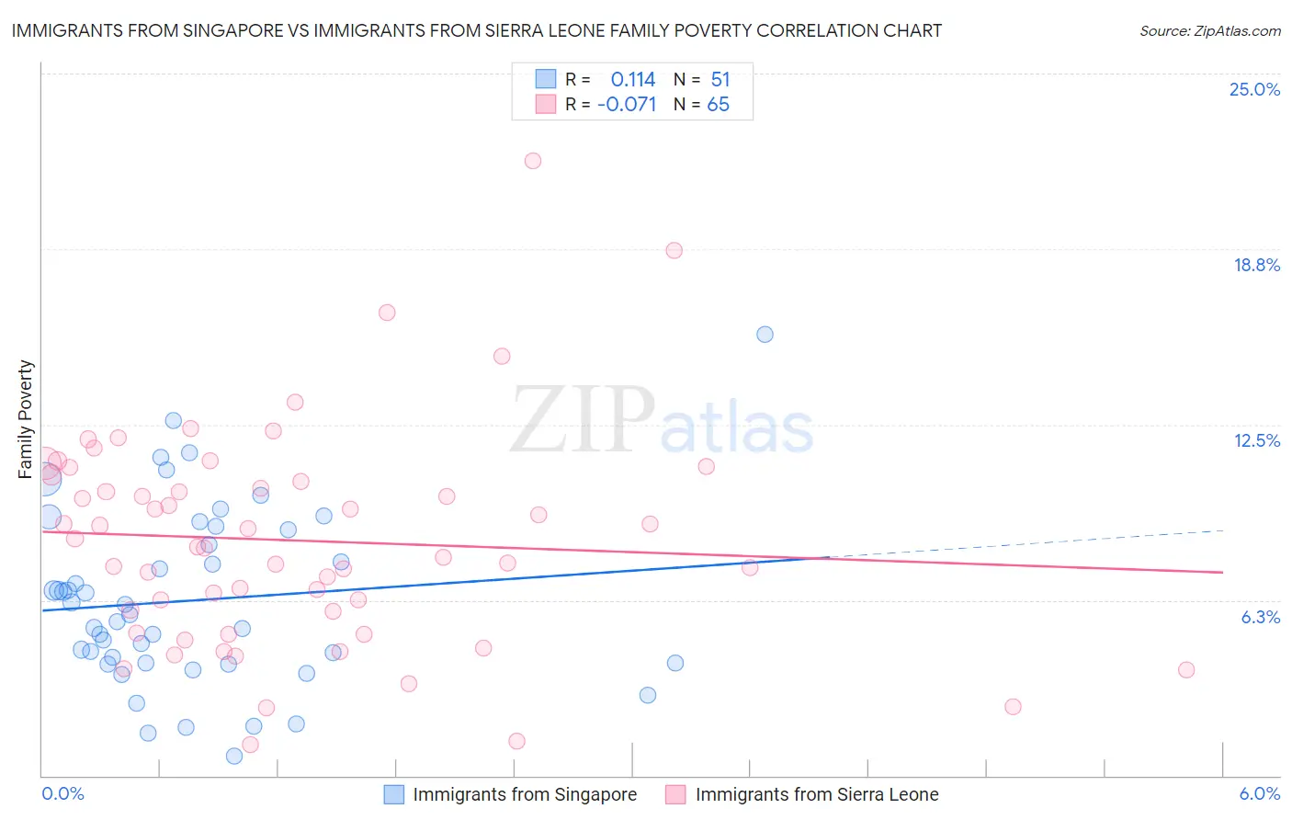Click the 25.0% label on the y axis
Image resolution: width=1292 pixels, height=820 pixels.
coord(1254,89)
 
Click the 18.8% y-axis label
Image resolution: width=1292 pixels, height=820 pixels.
coord(1256,265)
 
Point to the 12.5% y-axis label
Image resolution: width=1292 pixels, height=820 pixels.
coord(1256,440)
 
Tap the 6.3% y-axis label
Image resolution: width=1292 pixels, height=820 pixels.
coord(1260,617)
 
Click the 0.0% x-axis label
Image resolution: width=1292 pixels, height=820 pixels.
coord(62,793)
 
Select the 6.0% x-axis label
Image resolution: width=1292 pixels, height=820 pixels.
coord(1259,793)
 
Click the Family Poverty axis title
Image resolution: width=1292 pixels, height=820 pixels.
coord(26,418)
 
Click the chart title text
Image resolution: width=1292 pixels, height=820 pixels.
coord(476,30)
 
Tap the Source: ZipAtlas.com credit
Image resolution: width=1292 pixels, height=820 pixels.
coord(1209,30)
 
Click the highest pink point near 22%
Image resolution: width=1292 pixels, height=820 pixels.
coord(533,161)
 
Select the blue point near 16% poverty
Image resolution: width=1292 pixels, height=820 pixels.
coord(765,335)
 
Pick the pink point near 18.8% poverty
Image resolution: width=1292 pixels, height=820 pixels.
coord(674,250)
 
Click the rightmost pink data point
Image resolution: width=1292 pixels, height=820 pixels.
coord(1186,669)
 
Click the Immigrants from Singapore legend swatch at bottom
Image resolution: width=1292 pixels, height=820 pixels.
coord(393,794)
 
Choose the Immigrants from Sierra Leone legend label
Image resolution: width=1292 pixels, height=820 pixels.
coord(816,794)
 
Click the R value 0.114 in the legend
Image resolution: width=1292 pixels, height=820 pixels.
coord(632,80)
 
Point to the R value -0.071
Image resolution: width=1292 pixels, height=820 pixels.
coord(627,105)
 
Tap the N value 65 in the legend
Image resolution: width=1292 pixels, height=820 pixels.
coord(718,105)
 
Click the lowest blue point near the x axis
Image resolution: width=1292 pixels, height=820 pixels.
coord(234,756)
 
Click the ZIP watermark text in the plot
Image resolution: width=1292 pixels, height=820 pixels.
coord(583,421)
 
